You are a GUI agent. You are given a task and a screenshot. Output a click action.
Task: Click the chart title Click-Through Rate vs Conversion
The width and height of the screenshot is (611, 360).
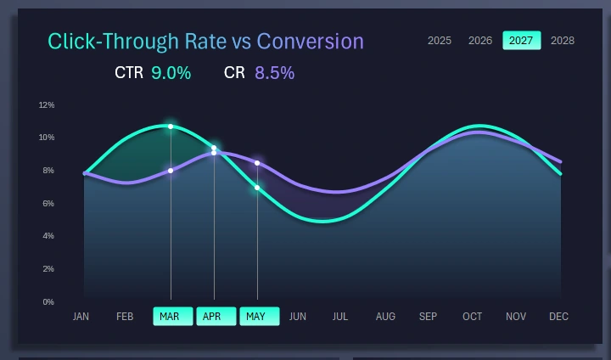pyautogui.click(x=205, y=42)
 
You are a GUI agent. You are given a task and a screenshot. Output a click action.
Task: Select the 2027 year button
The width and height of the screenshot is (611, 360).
pyautogui.click(x=521, y=41)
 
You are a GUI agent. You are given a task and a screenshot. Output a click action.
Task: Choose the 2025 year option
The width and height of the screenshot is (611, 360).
pyautogui.click(x=439, y=41)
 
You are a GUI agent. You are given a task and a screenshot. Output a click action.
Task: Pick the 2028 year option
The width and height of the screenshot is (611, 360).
pyautogui.click(x=562, y=41)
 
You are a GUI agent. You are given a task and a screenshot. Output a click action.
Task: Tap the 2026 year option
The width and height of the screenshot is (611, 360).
pyautogui.click(x=480, y=41)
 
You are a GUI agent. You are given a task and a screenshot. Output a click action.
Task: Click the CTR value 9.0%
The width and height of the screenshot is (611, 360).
pyautogui.click(x=171, y=73)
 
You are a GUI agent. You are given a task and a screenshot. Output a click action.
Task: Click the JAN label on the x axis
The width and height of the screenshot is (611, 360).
pyautogui.click(x=81, y=317)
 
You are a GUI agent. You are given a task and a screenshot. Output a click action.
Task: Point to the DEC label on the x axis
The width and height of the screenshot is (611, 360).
pyautogui.click(x=558, y=317)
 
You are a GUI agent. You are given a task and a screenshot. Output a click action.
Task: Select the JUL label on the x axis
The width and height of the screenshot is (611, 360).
pyautogui.click(x=340, y=317)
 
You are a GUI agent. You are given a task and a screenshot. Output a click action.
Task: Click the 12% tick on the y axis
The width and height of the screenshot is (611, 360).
pyautogui.click(x=47, y=105)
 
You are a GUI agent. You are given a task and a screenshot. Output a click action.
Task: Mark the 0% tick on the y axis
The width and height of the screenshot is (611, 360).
pyautogui.click(x=48, y=301)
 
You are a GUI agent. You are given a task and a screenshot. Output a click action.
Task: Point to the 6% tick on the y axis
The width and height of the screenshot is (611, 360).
pyautogui.click(x=48, y=204)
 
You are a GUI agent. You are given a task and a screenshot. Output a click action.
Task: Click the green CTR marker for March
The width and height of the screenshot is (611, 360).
pyautogui.click(x=171, y=127)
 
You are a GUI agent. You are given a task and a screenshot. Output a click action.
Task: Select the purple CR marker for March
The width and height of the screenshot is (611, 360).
pyautogui.click(x=171, y=171)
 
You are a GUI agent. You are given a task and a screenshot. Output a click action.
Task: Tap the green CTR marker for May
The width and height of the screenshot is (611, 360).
pyautogui.click(x=257, y=188)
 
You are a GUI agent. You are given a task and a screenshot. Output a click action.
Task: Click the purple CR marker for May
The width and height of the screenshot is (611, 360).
pyautogui.click(x=257, y=163)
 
